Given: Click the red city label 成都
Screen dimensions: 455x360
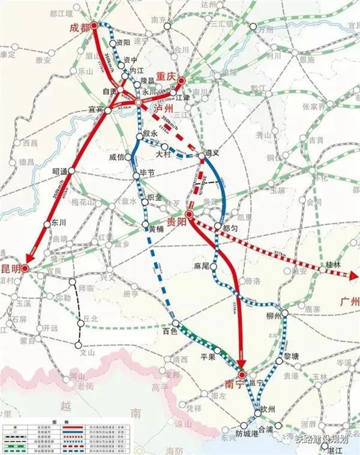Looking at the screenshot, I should click(x=79, y=28).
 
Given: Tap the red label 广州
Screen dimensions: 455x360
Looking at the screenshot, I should click(x=349, y=301).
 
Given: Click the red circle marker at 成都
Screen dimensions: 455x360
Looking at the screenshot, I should click(x=94, y=25).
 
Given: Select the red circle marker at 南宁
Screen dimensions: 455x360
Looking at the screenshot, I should click(x=242, y=375).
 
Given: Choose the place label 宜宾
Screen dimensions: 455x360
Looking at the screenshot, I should click(x=97, y=109).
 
